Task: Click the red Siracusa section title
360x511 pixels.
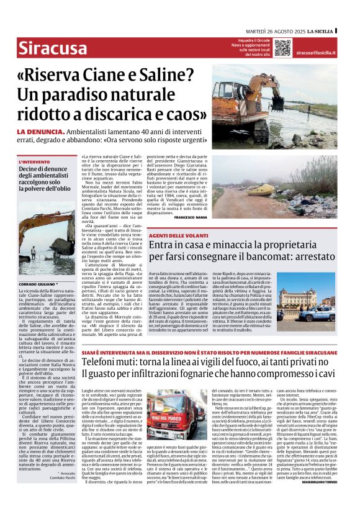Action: point(52,47)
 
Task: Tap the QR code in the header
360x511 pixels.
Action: point(282,47)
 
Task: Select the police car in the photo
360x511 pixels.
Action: point(323,314)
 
